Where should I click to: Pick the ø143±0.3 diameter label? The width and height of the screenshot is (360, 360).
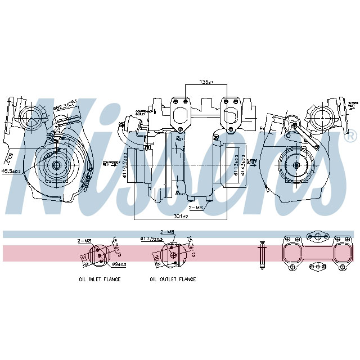click(243, 165)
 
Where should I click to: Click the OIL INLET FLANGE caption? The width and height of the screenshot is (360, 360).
click(100, 279)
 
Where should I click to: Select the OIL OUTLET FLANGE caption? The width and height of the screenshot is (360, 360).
click(173, 279)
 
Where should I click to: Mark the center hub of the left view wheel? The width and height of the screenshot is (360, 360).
click(57, 165)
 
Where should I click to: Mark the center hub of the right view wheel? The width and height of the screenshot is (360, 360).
click(296, 165)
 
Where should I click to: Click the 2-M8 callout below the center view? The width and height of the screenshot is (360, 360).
click(196, 208)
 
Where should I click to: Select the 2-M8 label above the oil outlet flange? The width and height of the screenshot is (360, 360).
click(167, 232)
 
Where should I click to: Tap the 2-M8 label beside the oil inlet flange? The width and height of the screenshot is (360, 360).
click(84, 240)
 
